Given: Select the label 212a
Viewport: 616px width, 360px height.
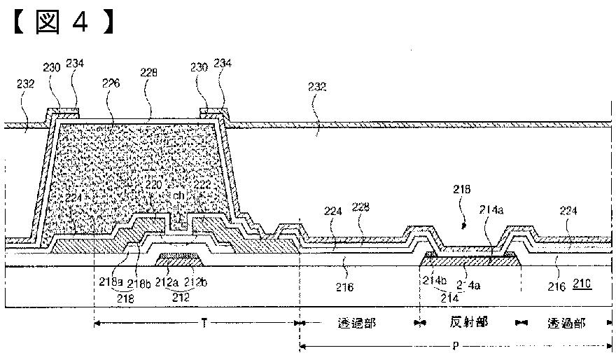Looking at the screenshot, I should [166, 284].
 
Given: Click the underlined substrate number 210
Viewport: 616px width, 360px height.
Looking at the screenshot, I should [582, 284].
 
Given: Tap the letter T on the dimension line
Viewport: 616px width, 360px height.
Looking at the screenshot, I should [204, 323].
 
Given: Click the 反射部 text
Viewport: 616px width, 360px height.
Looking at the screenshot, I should [467, 323].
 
